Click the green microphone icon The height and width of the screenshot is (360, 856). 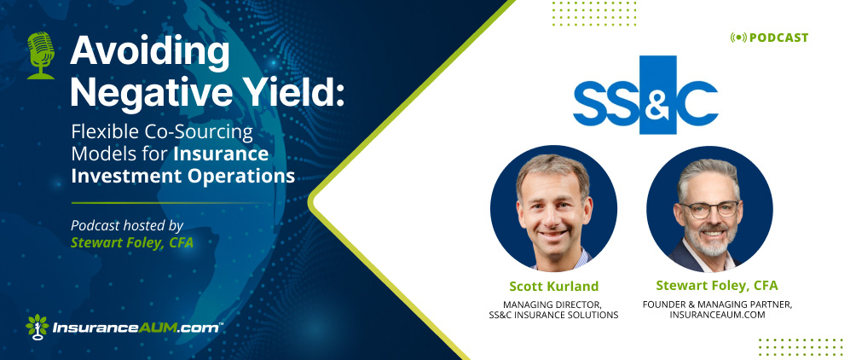41,55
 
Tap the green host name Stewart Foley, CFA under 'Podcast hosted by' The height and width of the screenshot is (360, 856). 132,242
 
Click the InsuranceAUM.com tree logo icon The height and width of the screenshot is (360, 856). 38,327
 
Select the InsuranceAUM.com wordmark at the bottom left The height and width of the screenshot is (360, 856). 137,328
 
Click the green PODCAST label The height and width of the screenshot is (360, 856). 778,38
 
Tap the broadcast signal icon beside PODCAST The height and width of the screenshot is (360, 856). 738,38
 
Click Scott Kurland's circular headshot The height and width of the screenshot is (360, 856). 553,208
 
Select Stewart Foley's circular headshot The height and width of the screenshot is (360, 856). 709,208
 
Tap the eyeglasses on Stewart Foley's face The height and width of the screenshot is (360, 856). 708,209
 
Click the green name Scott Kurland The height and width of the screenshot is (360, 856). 553,287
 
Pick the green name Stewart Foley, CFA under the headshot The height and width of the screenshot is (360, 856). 717,286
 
